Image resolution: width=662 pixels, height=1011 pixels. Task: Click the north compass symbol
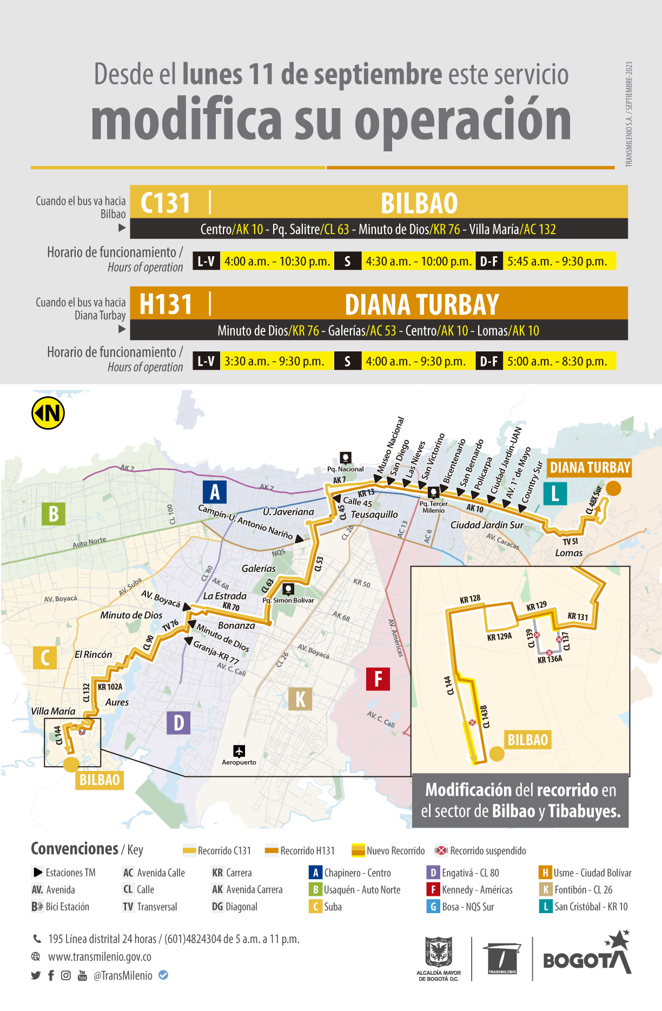coord(48,413)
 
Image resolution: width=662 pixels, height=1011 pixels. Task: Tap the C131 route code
coord(165,203)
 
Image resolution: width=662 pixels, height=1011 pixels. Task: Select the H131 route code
coord(165,304)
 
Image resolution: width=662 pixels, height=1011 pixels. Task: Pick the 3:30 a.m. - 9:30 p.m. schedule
coord(274,361)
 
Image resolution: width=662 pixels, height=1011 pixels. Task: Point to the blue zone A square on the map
coord(215,493)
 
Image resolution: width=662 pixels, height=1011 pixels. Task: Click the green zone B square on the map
coord(54,514)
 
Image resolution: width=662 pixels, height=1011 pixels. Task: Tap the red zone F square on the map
coord(378,679)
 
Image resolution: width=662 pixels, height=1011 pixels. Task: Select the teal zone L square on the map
coord(555,494)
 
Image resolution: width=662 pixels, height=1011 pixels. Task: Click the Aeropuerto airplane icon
coord(239,751)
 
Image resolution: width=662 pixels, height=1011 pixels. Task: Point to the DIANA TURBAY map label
coord(590,468)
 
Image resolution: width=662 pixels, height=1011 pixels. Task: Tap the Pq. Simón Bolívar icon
coord(288,589)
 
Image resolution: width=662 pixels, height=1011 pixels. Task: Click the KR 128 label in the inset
coord(470,599)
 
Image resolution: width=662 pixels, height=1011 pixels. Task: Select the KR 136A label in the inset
coord(550,660)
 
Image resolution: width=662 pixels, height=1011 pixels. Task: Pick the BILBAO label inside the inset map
coord(528,740)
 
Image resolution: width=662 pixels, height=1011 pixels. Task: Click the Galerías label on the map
coord(259,569)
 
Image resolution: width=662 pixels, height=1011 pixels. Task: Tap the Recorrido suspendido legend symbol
coord(442,850)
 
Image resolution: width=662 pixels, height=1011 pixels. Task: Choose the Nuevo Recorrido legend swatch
coord(358,850)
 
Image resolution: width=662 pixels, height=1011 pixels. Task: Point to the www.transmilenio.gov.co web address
coord(100,957)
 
